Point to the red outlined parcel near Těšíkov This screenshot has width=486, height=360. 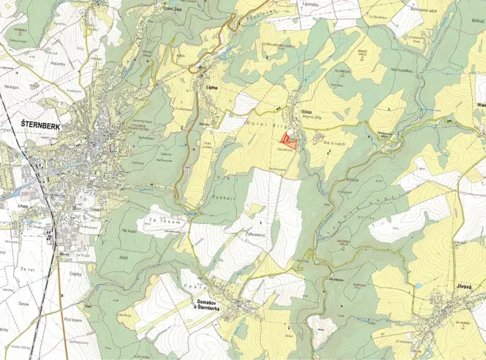tap(289, 140)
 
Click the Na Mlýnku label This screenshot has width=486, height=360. tap(336, 278)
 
